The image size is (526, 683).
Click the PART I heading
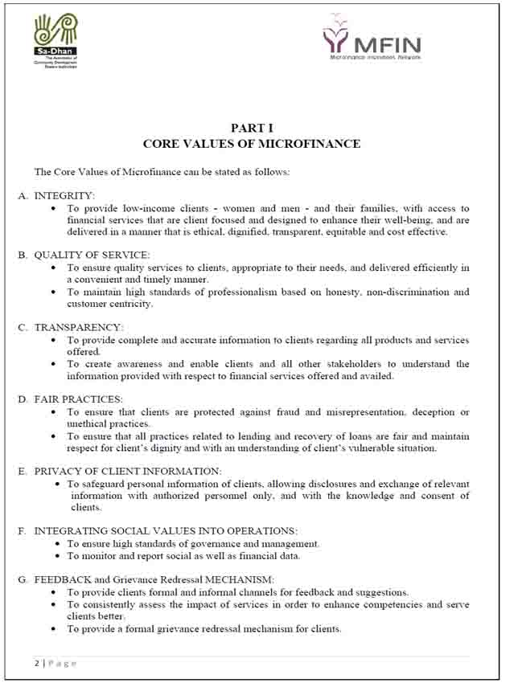pyautogui.click(x=252, y=128)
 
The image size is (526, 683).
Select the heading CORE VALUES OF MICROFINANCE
pyautogui.click(x=252, y=144)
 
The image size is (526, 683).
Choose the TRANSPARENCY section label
pyautogui.click(x=78, y=328)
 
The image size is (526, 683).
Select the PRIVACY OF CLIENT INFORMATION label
pyautogui.click(x=127, y=471)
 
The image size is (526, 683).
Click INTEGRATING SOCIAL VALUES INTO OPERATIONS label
pyautogui.click(x=165, y=531)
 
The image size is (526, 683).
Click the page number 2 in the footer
pyautogui.click(x=36, y=663)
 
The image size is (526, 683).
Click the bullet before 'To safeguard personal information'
pyautogui.click(x=59, y=485)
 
